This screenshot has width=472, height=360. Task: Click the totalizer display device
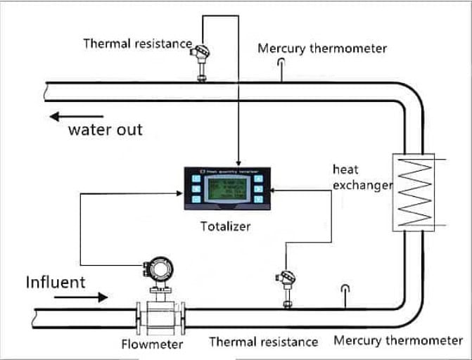[224, 188]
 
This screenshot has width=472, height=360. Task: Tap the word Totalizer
[225, 226]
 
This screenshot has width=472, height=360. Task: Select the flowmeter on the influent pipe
[161, 295]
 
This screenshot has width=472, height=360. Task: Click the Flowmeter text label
[152, 344]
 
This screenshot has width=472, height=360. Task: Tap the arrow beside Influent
[82, 297]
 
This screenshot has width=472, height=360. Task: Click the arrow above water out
[77, 117]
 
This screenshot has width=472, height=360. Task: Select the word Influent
[56, 282]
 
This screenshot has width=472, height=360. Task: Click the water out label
[105, 130]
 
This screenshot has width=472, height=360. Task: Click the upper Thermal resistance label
[137, 44]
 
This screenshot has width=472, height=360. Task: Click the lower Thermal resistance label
[263, 342]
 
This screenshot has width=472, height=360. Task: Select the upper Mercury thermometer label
[321, 49]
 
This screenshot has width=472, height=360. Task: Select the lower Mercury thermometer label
[397, 341]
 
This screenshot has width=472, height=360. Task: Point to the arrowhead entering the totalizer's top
[238, 163]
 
